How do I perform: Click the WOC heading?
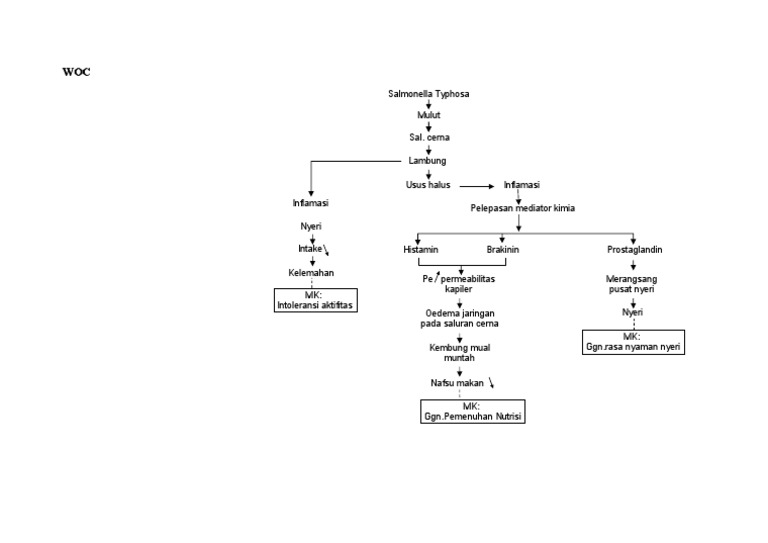76,72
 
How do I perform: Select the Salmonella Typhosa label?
428,93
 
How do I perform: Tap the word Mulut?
428,115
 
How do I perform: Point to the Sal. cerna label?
428,137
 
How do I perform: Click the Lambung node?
427,160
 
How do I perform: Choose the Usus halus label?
428,185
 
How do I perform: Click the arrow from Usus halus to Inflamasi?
476,186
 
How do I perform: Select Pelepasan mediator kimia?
522,208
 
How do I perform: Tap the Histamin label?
420,248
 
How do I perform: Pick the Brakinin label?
503,248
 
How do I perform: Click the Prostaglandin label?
634,248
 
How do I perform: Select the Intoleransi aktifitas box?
316,300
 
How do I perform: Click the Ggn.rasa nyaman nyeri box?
633,342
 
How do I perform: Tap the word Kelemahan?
311,272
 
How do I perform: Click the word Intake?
309,248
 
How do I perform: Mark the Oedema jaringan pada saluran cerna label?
459,318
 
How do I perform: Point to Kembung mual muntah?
459,352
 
